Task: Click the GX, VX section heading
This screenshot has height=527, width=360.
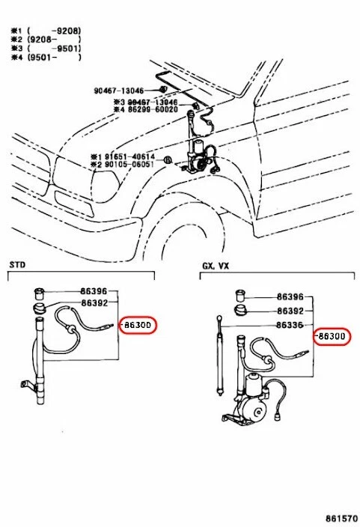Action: click(x=216, y=265)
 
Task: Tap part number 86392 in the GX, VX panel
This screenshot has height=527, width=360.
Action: click(x=290, y=311)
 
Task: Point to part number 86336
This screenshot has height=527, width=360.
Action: click(x=290, y=325)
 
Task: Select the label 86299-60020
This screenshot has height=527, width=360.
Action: click(x=150, y=109)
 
